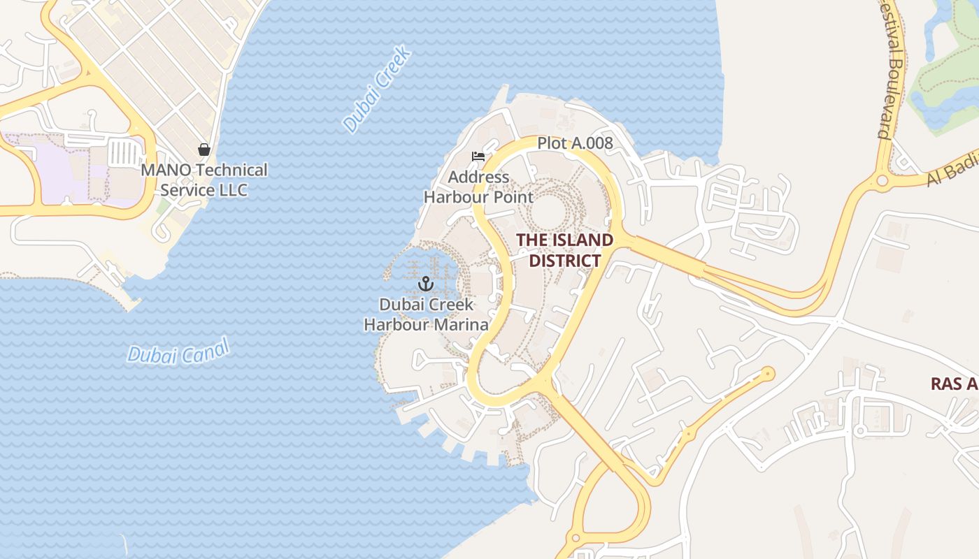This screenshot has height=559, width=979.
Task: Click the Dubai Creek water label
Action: pyautogui.click(x=377, y=89)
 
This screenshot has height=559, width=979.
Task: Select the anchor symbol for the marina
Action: pyautogui.click(x=425, y=284)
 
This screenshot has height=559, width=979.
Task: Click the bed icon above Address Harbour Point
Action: pyautogui.click(x=478, y=157)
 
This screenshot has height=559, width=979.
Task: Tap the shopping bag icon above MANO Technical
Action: pyautogui.click(x=204, y=150)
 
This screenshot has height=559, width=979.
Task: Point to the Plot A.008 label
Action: pyautogui.click(x=575, y=143)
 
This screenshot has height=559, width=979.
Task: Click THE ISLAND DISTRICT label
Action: pyautogui.click(x=564, y=250)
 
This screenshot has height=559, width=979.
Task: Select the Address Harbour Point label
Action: pyautogui.click(x=478, y=187)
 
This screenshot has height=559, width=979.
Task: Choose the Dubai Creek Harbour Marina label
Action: pyautogui.click(x=426, y=314)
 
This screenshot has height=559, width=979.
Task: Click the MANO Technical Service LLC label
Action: pyautogui.click(x=204, y=180)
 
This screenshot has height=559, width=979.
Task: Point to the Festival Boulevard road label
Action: pyautogui.click(x=890, y=70)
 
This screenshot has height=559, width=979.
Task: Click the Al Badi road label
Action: pyautogui.click(x=951, y=171)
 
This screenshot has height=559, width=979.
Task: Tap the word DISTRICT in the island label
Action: pyautogui.click(x=564, y=261)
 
